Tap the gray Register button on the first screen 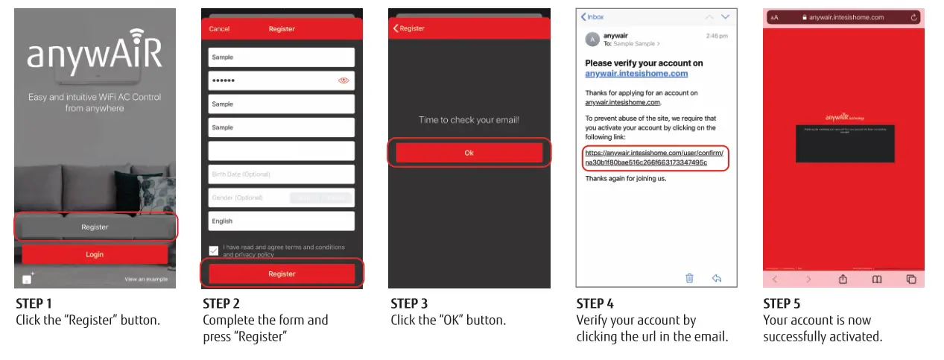point(95,227)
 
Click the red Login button point(95,254)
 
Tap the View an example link point(145,280)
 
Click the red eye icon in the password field point(343,80)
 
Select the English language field point(281,221)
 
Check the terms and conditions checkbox point(214,250)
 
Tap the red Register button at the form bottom point(282,274)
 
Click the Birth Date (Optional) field point(281,174)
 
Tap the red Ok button point(469,153)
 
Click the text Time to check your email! point(469,120)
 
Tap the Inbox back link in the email point(594,16)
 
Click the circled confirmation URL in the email point(653,157)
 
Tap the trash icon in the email point(689,278)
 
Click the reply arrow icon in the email point(717,278)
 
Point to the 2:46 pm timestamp point(717,36)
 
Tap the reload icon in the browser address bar point(913,17)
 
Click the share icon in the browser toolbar point(843,279)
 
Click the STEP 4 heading point(595,304)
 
